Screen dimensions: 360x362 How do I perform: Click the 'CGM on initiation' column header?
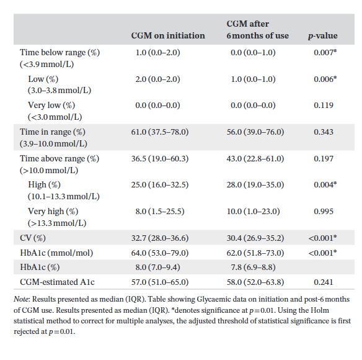(x=167, y=35)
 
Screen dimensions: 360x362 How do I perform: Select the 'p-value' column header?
(x=322, y=35)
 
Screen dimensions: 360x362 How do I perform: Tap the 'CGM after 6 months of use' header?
(x=257, y=30)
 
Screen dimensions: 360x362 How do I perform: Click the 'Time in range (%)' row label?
(x=53, y=132)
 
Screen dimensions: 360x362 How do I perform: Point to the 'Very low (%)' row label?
(x=51, y=106)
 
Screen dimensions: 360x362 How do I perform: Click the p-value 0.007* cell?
(x=325, y=53)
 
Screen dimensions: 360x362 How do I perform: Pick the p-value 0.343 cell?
(x=322, y=132)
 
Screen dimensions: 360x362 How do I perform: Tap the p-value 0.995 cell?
(x=322, y=212)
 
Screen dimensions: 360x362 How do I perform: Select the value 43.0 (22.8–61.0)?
(x=257, y=159)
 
